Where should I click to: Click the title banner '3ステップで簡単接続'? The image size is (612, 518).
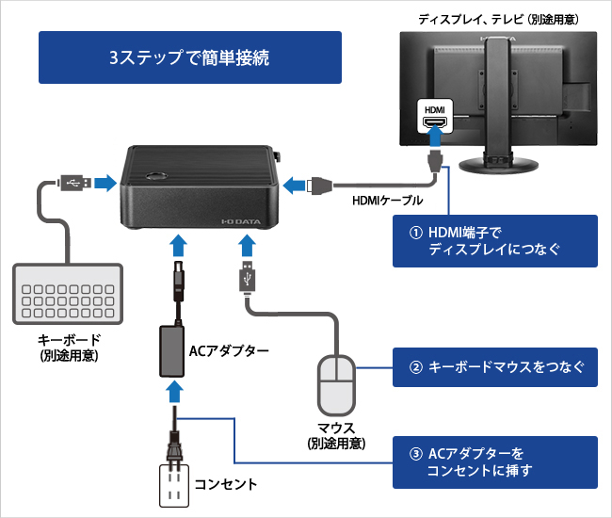[x=189, y=57]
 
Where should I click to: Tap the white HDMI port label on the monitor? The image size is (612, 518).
[x=434, y=118]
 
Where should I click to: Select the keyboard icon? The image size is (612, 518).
[x=68, y=293]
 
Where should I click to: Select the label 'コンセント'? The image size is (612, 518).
[x=226, y=486]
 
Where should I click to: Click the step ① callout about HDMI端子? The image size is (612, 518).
[x=494, y=241]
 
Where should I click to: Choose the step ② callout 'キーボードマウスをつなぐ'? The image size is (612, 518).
[x=494, y=367]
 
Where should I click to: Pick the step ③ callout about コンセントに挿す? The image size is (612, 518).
[x=494, y=461]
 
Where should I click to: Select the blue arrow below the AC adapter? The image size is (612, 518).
[x=173, y=388]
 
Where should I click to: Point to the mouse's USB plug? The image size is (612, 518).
[x=246, y=281]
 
